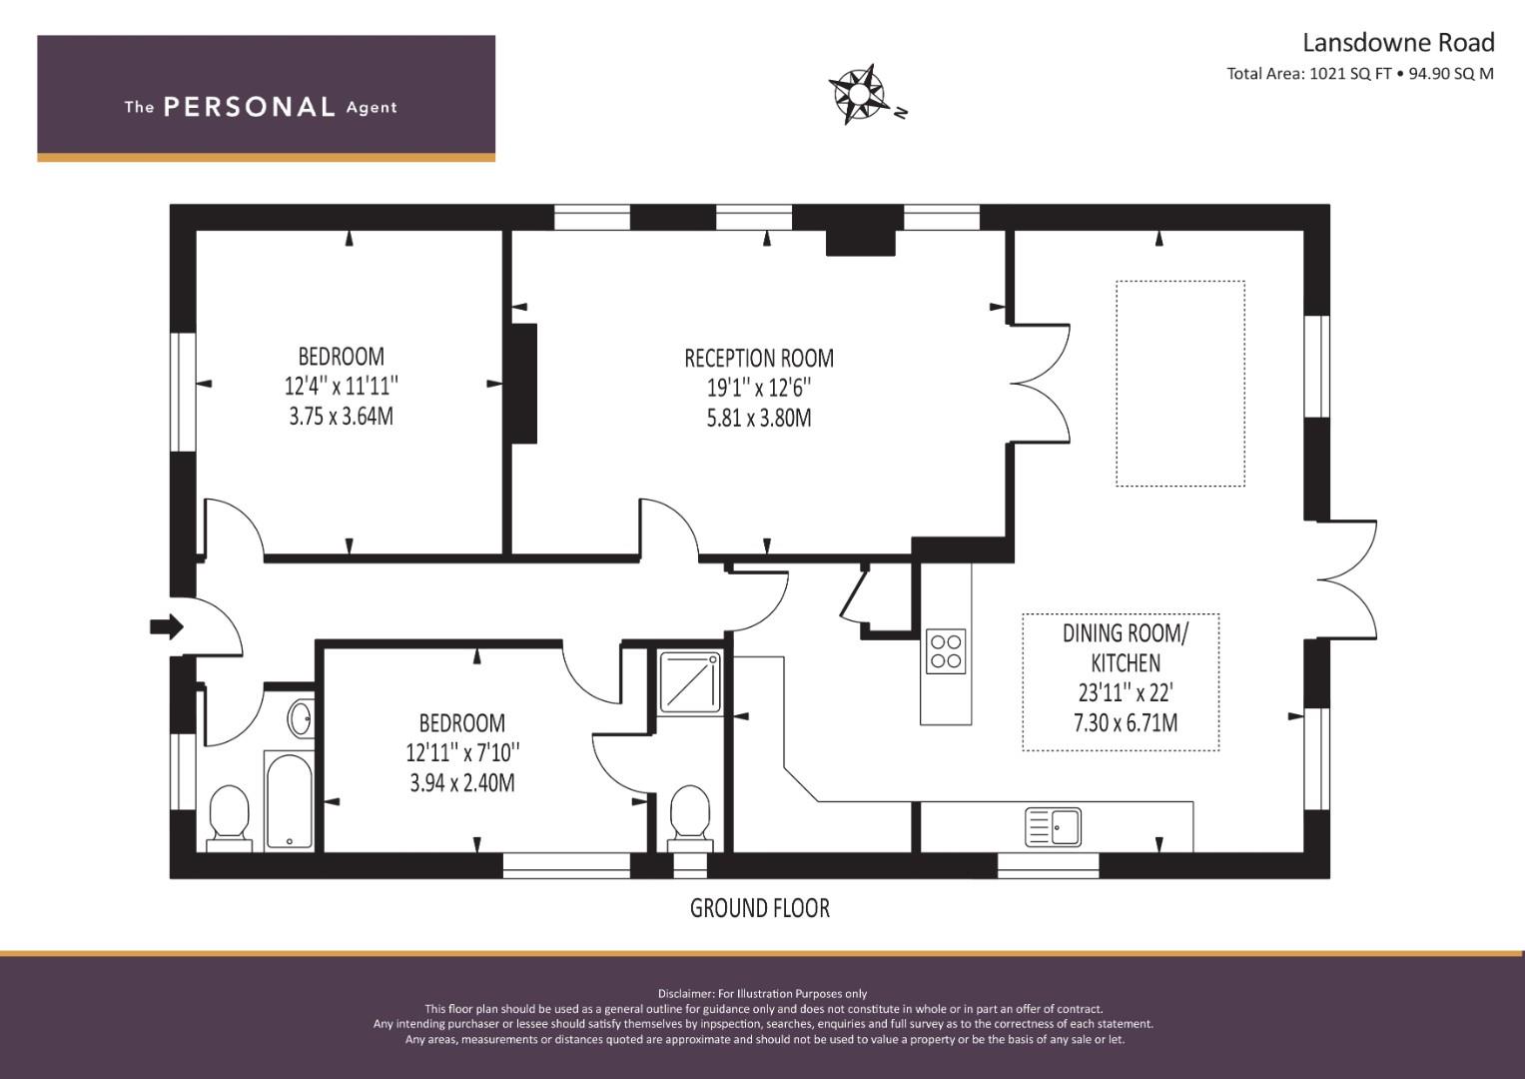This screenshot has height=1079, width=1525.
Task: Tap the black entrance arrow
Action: [167, 626]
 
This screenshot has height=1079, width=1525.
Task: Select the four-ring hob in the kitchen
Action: [946, 651]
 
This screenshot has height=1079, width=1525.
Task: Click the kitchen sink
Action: [1053, 827]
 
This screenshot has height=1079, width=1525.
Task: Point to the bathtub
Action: [290, 801]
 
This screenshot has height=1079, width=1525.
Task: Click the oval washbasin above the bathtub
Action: [301, 718]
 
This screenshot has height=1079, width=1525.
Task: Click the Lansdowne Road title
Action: [1398, 42]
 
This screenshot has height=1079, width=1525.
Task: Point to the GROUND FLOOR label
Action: [760, 909]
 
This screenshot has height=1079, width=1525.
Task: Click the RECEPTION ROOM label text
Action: [759, 359]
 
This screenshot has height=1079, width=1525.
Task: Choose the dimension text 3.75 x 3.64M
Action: [342, 417]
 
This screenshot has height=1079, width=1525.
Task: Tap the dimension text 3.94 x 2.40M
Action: [462, 783]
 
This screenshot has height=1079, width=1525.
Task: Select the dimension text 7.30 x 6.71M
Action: [1126, 722]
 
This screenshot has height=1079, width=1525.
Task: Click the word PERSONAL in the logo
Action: [250, 107]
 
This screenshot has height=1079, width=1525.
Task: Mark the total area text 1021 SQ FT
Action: [1350, 74]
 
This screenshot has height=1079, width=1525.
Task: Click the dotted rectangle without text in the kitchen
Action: [1180, 384]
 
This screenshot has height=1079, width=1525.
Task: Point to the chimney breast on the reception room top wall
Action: [861, 243]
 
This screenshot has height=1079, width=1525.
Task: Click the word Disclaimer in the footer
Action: [685, 994]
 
